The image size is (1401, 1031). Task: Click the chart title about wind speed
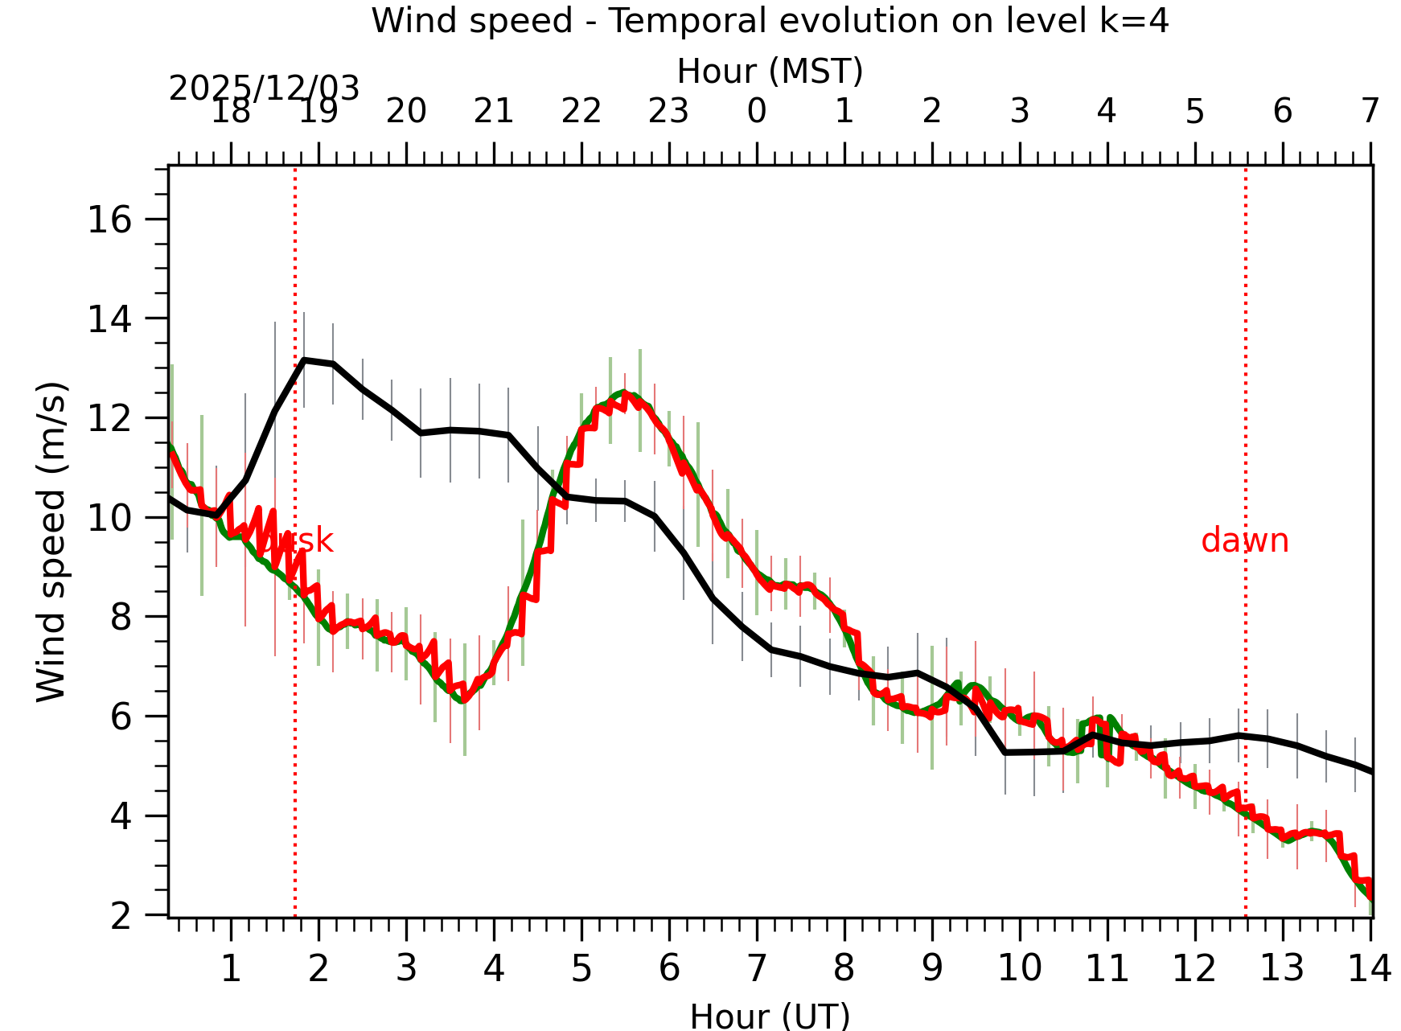pos(770,21)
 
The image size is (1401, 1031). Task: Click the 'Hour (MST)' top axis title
pos(770,72)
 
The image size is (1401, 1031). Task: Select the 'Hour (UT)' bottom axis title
pos(770,1016)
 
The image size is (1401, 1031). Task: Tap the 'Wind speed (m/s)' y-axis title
pos(51,541)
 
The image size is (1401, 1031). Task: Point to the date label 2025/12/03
pos(264,88)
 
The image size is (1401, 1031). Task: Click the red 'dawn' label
pos(1244,541)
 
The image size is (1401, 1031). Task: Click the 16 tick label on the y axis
pos(109,220)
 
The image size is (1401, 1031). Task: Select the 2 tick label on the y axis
pos(121,915)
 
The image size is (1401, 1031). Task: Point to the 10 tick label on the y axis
pos(109,518)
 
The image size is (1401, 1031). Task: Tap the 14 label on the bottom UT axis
pos(1369,969)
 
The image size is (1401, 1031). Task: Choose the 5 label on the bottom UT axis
pos(581,969)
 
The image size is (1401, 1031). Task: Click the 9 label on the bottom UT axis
pos(932,969)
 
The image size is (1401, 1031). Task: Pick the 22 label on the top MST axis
pos(581,111)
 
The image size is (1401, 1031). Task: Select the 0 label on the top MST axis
pos(757,111)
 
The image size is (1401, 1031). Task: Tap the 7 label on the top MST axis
pos(1370,111)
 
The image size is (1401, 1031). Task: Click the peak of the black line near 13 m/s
pos(304,360)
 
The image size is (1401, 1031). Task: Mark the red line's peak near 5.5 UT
pos(627,395)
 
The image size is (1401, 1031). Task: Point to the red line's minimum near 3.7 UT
pos(464,700)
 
